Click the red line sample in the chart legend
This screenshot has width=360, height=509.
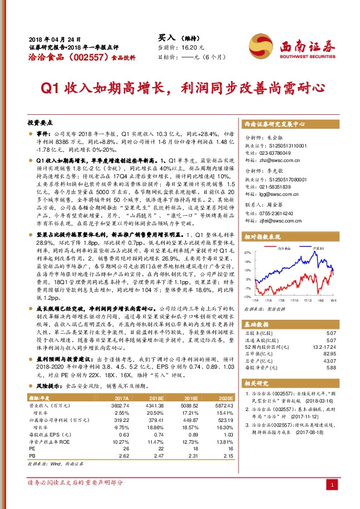(280, 248)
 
